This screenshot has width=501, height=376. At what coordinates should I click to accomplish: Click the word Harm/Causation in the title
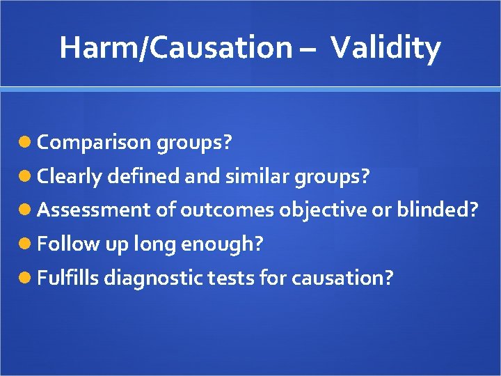tap(175, 48)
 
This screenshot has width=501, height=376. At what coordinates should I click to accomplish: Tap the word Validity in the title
tap(385, 48)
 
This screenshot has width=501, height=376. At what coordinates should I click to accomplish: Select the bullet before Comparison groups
tap(26, 143)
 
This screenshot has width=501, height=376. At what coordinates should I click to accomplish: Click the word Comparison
tap(93, 143)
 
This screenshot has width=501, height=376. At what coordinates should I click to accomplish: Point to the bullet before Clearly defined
tap(26, 177)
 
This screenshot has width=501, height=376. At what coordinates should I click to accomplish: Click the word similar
tap(257, 177)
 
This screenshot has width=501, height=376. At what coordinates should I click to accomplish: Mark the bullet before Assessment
tap(26, 210)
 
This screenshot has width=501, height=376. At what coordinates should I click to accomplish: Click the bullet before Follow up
tap(26, 244)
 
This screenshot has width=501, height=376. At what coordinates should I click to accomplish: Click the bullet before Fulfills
tap(26, 278)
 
